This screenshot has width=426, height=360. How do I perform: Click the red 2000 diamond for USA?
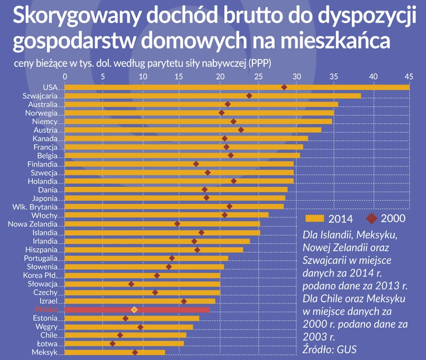click(x=284, y=87)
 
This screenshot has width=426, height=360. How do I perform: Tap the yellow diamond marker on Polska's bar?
click(x=134, y=310)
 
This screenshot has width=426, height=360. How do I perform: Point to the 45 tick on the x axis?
click(x=409, y=77)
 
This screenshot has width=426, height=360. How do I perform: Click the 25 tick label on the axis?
click(x=258, y=77)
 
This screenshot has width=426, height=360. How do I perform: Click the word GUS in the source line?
click(x=347, y=349)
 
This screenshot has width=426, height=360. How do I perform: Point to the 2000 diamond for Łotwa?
click(x=112, y=344)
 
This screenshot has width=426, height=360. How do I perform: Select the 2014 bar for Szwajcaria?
click(x=212, y=96)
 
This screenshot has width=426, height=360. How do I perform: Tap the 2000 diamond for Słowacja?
click(x=131, y=284)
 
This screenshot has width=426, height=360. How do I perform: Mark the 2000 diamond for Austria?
click(x=241, y=130)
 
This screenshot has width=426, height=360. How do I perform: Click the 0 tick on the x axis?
click(x=65, y=77)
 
